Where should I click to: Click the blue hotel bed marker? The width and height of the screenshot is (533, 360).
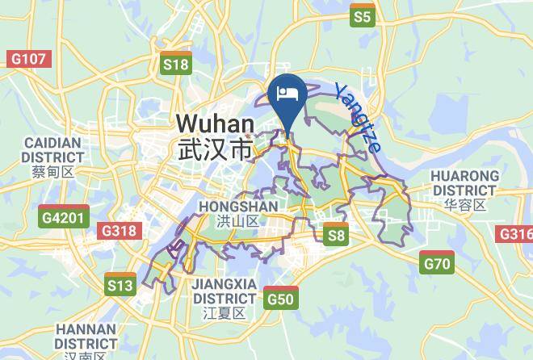tap(288, 94)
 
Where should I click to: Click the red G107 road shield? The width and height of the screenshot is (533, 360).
tap(29, 59)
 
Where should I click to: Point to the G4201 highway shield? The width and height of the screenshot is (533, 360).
tap(63, 216)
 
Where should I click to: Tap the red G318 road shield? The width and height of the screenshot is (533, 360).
tap(118, 231)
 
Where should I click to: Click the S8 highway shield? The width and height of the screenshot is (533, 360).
tap(336, 234)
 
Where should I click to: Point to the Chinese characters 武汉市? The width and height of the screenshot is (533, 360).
tap(215, 150)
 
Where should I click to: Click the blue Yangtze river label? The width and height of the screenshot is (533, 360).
tap(358, 118)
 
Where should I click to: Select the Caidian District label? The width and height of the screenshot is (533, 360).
tap(53, 149)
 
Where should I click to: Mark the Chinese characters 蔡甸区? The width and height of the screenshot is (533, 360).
tap(53, 171)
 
